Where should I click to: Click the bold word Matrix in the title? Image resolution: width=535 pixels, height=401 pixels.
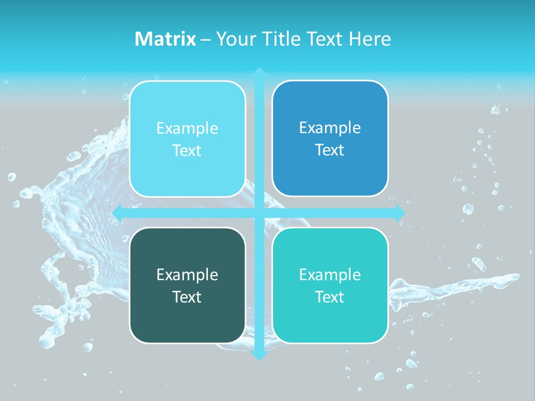coord(166,39)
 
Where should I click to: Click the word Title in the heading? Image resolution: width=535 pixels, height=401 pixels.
coord(281,39)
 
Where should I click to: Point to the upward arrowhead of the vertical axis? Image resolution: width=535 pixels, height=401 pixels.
coord(259,72)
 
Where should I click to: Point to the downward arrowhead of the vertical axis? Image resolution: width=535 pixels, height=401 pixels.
coord(259,355)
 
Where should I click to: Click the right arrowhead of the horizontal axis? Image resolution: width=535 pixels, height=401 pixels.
coord(400,212)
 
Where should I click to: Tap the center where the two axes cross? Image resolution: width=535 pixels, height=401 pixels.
coord(259,212)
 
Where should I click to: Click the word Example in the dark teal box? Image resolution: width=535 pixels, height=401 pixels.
coord(187,275)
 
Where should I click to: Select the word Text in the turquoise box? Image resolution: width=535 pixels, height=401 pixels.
coord(330,297)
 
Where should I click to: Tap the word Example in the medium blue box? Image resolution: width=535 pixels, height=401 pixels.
coord(330,128)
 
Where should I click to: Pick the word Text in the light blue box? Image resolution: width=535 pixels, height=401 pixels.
coord(187,151)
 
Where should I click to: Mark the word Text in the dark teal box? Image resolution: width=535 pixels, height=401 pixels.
coord(187,297)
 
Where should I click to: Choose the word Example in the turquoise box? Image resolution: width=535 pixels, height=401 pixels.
coord(330,275)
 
